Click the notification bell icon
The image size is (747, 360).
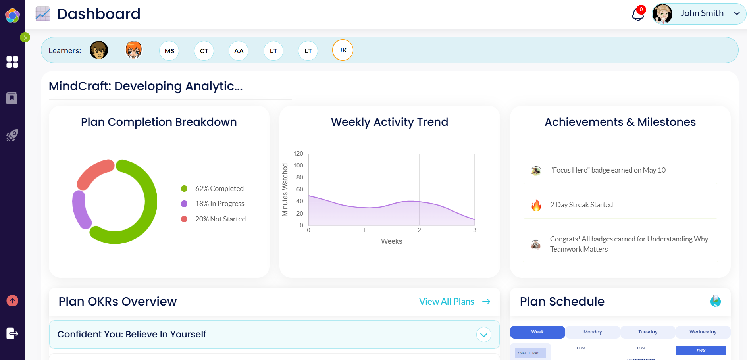[x=637, y=14]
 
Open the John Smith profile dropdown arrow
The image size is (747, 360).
[x=737, y=13]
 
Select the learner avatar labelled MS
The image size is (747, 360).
[x=169, y=51]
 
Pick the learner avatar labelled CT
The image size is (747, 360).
[x=204, y=51]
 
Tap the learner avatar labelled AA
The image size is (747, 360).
[x=239, y=51]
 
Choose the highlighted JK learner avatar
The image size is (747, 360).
[x=343, y=50]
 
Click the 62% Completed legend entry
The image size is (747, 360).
[x=219, y=189]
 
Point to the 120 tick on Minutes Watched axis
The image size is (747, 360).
[x=298, y=154]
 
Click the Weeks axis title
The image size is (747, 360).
[x=391, y=241]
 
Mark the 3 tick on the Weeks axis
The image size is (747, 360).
[x=475, y=230]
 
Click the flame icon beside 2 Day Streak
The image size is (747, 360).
[x=536, y=205]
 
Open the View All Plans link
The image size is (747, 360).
[x=454, y=302]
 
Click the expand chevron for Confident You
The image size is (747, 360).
[x=483, y=335]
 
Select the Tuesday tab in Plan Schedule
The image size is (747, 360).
[x=648, y=332]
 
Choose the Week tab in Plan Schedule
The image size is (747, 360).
[x=537, y=332]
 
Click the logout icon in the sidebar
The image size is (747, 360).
[x=12, y=333]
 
